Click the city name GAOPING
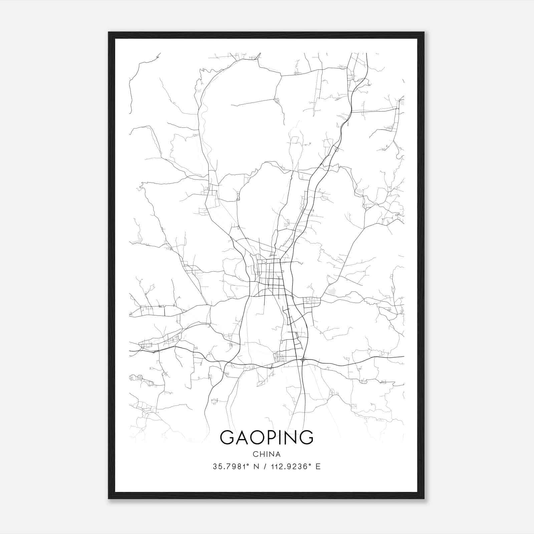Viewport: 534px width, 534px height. click(267, 437)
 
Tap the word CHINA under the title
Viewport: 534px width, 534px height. click(267, 454)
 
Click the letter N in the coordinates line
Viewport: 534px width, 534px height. click(257, 467)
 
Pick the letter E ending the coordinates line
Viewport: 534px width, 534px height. click(318, 467)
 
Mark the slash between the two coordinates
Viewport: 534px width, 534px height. click(265, 467)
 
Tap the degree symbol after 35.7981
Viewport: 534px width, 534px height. click(248, 465)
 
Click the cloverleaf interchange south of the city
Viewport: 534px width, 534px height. click(303, 360)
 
